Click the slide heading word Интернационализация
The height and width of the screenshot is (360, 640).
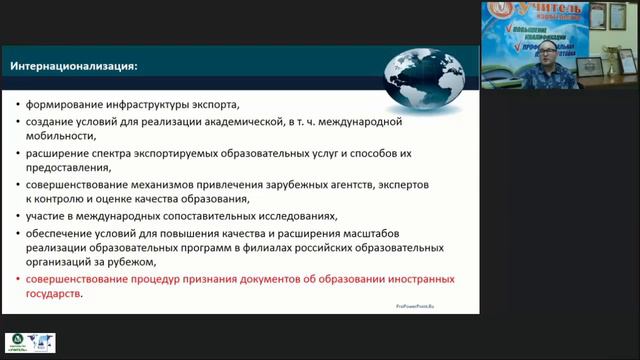click(x=74, y=67)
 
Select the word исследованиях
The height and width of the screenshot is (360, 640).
click(x=296, y=217)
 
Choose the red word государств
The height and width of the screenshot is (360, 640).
click(x=55, y=296)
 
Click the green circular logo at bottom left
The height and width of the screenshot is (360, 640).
click(x=17, y=343)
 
